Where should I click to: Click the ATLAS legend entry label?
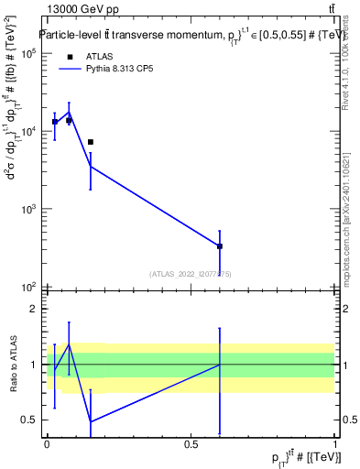tap(87, 56)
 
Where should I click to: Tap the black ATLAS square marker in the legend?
tap(69, 57)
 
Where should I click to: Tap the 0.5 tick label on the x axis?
tap(191, 445)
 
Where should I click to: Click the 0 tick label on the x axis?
tap(47, 445)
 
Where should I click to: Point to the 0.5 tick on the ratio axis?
tap(33, 420)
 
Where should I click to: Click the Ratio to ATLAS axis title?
tap(13, 365)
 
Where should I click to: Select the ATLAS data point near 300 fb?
tap(220, 246)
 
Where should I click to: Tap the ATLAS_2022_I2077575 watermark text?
tap(191, 274)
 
